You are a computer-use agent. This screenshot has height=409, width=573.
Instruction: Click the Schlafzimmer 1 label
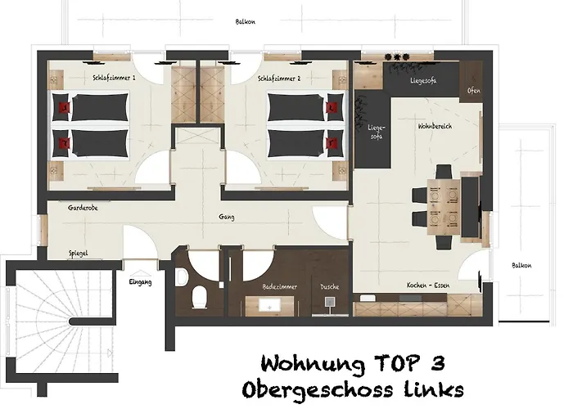[x=115, y=79]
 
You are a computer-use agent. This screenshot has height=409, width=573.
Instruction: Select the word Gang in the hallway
[x=228, y=217]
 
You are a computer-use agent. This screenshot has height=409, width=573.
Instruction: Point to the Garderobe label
[x=83, y=208]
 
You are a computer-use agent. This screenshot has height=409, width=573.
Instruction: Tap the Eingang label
[x=142, y=281]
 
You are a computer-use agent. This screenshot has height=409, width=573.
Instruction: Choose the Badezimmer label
[x=279, y=287]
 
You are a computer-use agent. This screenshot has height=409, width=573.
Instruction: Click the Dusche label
[x=331, y=287]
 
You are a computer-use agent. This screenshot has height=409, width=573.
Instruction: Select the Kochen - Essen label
[x=428, y=285]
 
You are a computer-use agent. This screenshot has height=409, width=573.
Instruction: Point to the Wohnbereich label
[x=413, y=128]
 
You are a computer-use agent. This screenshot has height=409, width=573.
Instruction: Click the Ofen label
[x=474, y=91]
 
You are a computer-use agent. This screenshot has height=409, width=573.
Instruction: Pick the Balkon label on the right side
[x=521, y=265]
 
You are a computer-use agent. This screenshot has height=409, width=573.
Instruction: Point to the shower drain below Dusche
[x=329, y=302]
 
